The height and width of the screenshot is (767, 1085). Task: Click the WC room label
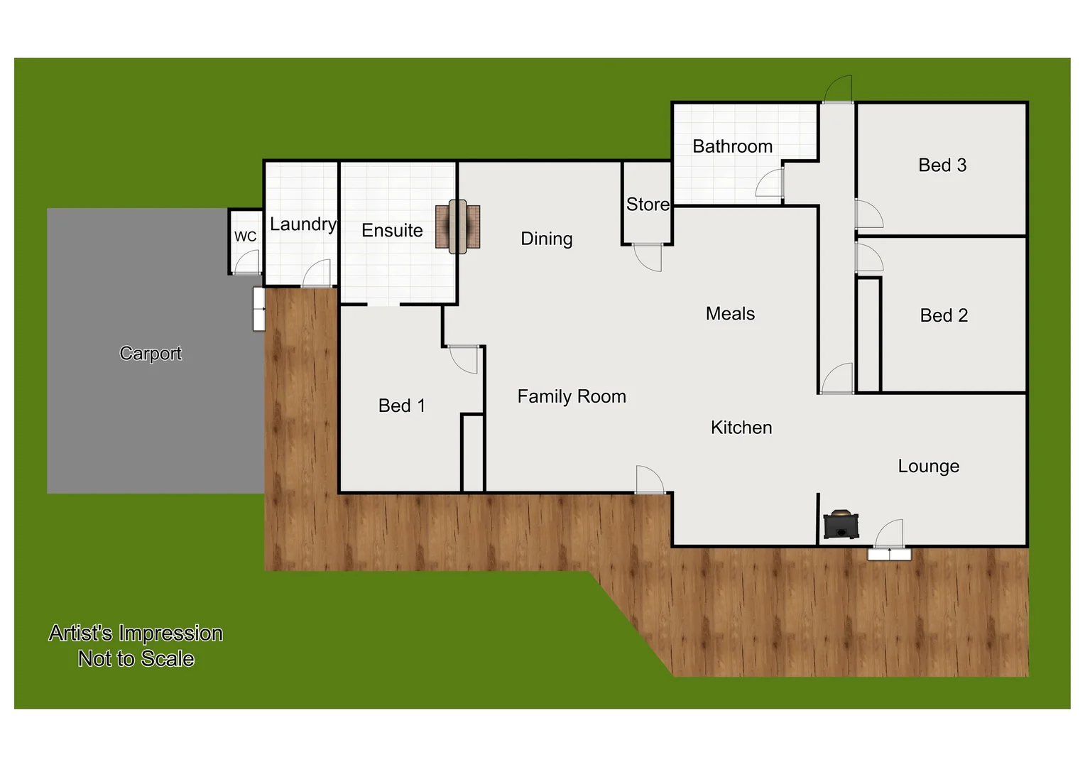(x=245, y=236)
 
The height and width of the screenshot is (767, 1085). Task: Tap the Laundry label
(x=302, y=224)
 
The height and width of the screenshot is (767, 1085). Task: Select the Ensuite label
(x=392, y=231)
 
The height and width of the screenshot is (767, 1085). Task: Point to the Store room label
(x=648, y=205)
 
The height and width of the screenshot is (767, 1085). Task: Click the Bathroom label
(x=732, y=146)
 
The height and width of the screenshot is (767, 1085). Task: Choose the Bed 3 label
(x=942, y=165)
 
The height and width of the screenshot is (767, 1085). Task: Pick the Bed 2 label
(x=944, y=315)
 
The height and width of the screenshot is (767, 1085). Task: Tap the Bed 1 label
(x=402, y=406)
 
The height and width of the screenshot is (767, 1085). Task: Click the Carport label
(x=151, y=353)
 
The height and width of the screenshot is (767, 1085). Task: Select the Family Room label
(x=572, y=396)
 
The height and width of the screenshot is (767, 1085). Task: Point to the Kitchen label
(x=741, y=428)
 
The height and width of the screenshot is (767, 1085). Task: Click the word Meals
(x=730, y=314)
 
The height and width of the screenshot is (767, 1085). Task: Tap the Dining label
(x=546, y=239)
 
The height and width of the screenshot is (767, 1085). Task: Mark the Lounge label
(x=928, y=467)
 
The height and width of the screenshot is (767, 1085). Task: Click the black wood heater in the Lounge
(x=841, y=525)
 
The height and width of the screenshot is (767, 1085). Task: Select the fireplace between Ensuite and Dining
(x=457, y=227)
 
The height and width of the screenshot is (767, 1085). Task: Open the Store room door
(x=648, y=256)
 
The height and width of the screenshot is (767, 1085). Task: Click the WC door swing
(x=247, y=263)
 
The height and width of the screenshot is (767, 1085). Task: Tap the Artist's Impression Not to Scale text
(x=136, y=646)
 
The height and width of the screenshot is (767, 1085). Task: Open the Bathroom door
(x=770, y=183)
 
